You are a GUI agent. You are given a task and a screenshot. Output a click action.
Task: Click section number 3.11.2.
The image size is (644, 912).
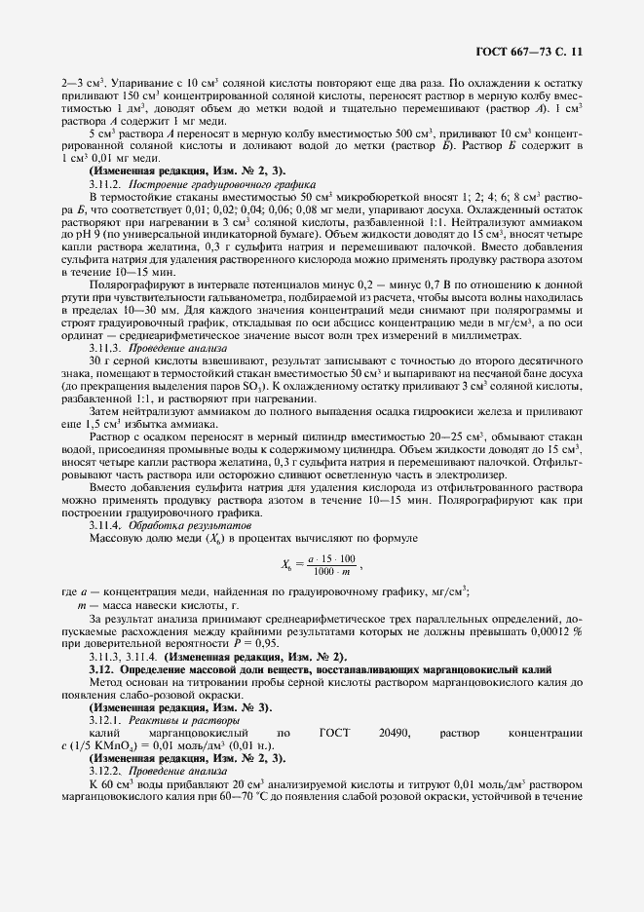tap(108, 183)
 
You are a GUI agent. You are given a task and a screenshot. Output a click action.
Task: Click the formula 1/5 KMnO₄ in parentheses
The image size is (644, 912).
tap(125, 744)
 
